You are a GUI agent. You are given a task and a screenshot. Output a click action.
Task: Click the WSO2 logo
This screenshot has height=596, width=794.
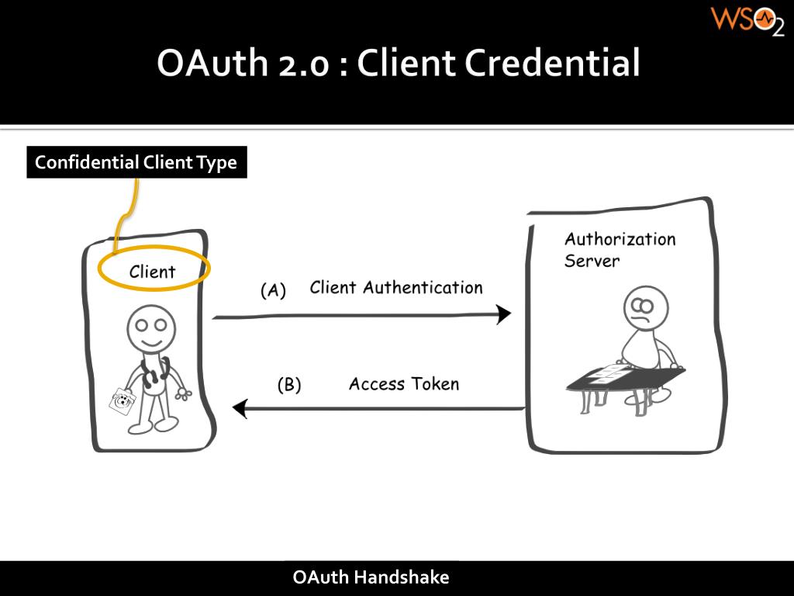click(x=747, y=21)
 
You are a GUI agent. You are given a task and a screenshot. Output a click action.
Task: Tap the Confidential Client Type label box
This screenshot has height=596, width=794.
click(x=136, y=163)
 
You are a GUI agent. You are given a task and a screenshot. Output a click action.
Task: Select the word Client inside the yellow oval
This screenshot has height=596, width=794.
click(x=152, y=272)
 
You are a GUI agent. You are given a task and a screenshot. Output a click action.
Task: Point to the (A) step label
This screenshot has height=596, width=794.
click(x=273, y=291)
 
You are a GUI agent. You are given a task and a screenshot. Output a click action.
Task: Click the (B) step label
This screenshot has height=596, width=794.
click(x=289, y=385)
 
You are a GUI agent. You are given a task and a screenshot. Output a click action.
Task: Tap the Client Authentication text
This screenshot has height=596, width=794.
click(x=395, y=288)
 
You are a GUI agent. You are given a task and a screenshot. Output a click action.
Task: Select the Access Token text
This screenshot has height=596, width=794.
click(x=403, y=383)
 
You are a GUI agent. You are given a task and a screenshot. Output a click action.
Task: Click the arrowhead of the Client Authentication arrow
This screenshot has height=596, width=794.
click(x=504, y=314)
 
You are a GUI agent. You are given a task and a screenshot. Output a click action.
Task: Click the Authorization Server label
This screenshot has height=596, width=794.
click(x=619, y=249)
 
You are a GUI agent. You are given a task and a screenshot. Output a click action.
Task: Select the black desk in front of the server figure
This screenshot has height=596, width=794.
click(x=625, y=378)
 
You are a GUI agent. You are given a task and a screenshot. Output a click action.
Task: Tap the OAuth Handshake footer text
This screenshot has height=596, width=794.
click(x=371, y=577)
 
